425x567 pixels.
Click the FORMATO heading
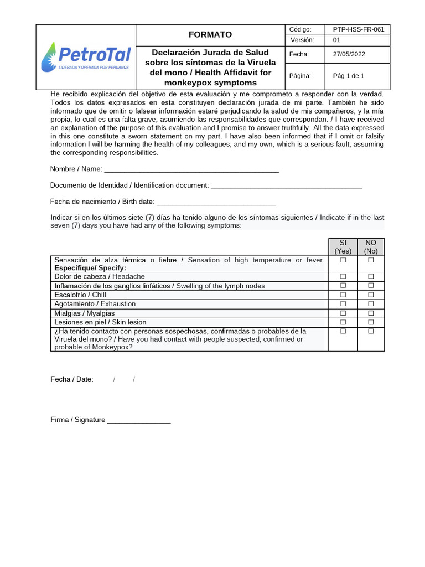pyautogui.click(x=210, y=34)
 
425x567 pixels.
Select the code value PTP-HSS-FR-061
pyautogui.click(x=358, y=29)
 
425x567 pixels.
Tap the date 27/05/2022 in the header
pyautogui.click(x=349, y=54)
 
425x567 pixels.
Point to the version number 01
pyautogui.click(x=336, y=40)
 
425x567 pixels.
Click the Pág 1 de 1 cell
pyautogui.click(x=348, y=76)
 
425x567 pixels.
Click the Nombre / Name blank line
pyautogui.click(x=191, y=169)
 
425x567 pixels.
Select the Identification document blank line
pyautogui.click(x=286, y=185)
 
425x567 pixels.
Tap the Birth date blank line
pyautogui.click(x=216, y=202)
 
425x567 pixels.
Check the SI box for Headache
pyautogui.click(x=343, y=276)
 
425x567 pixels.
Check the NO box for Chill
pyautogui.click(x=371, y=295)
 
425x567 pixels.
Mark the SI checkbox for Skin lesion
pyautogui.click(x=343, y=322)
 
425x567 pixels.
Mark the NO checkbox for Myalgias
pyautogui.click(x=371, y=313)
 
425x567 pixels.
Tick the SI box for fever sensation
pyautogui.click(x=343, y=260)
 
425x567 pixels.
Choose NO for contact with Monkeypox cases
pyautogui.click(x=371, y=331)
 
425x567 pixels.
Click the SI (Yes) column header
pyautogui.click(x=343, y=247)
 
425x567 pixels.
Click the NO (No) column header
pyautogui.click(x=371, y=247)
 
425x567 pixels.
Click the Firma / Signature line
pyautogui.click(x=139, y=420)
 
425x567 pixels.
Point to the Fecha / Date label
pyautogui.click(x=72, y=379)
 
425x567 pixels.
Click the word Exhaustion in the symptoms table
pyautogui.click(x=118, y=304)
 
